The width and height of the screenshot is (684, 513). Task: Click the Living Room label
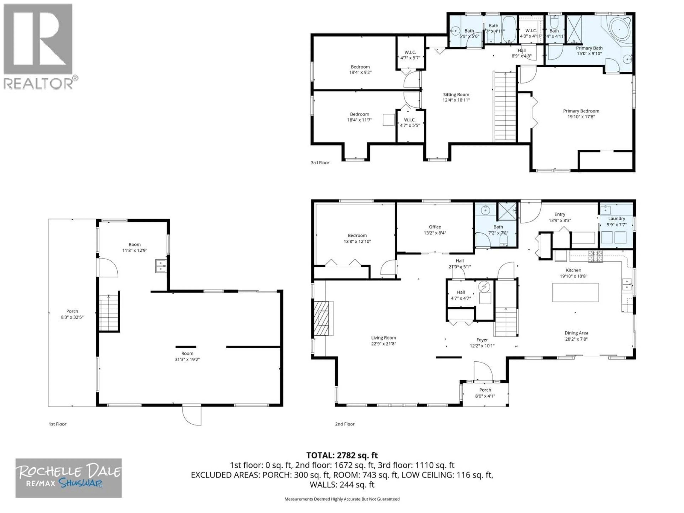point(384,338)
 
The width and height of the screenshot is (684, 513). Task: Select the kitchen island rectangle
point(575,292)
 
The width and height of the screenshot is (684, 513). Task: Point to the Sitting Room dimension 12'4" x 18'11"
point(456,100)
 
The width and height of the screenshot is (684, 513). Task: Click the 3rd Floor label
point(320,163)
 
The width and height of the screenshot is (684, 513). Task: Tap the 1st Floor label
point(58,424)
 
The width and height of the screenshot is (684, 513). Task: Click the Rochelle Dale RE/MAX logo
point(69,478)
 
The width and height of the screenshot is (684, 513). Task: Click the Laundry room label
point(617,218)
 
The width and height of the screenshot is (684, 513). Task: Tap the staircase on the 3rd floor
point(505,107)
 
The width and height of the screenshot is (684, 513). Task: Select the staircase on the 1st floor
point(109,313)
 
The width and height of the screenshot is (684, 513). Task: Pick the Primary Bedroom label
point(581,111)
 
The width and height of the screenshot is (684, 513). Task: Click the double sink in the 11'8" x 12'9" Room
point(160,266)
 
